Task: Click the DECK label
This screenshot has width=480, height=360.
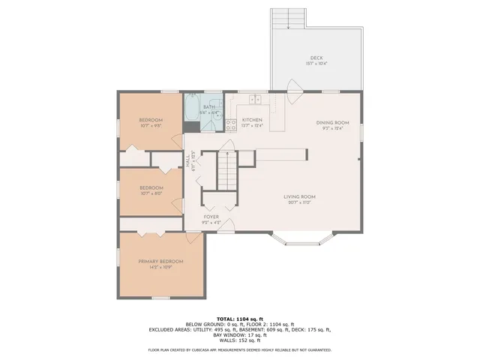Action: [316, 58]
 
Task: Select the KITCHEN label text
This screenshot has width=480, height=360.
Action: [251, 120]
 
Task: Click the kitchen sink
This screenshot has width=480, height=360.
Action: [255, 99]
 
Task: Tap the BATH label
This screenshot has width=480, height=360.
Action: [208, 106]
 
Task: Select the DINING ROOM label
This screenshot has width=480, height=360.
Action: [331, 122]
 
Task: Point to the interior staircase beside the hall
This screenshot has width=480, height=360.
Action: [227, 170]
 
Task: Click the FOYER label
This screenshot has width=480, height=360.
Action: [211, 217]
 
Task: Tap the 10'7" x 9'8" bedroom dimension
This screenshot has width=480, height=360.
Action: [151, 126]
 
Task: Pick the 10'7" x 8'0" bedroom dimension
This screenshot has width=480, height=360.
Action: [151, 193]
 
